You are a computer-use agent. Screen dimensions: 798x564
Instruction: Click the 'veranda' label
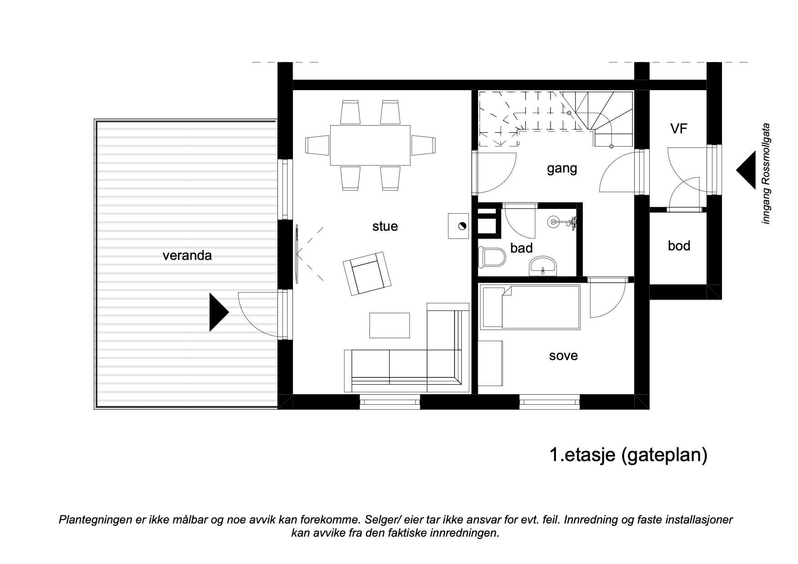[187, 255]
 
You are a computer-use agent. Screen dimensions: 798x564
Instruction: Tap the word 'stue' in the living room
[385, 226]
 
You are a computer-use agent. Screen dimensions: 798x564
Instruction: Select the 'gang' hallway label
[562, 169]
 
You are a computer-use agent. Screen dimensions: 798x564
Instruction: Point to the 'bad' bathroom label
[521, 248]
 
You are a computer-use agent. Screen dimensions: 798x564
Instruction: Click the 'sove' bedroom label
[563, 356]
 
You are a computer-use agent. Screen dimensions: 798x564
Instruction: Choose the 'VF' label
[678, 129]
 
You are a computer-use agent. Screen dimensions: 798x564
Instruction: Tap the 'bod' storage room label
[679, 246]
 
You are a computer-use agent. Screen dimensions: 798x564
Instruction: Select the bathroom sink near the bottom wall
[543, 266]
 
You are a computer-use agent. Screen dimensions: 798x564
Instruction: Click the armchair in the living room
[367, 273]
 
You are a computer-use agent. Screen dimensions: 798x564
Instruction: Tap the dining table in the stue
[370, 145]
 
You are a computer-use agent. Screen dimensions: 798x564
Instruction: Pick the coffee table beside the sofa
[389, 325]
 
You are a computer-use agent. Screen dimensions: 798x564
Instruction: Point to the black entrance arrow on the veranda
[218, 312]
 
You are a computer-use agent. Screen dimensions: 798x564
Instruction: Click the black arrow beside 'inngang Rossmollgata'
[746, 169]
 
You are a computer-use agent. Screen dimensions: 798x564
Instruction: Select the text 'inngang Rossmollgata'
[766, 173]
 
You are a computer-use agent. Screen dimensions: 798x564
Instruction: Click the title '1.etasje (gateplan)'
[629, 455]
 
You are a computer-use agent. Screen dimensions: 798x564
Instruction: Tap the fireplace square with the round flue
[459, 226]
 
